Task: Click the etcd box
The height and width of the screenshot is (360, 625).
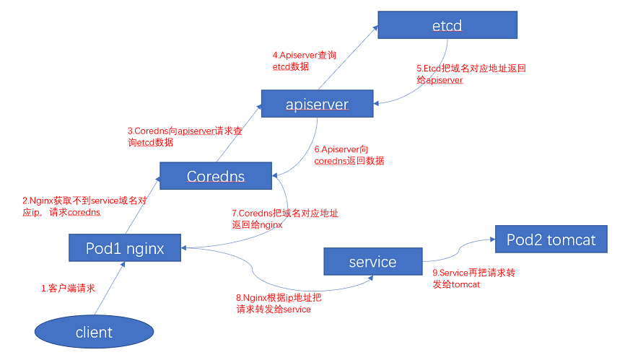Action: tap(447, 26)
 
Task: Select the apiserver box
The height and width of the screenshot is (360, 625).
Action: tap(317, 104)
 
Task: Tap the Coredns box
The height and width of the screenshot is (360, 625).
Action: tap(215, 176)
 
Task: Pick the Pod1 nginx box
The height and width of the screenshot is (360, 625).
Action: tap(126, 248)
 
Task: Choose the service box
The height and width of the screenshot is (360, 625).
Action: tap(372, 261)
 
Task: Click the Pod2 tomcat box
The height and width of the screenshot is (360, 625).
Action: tap(551, 239)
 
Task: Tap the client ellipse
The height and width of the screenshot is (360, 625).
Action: tap(94, 332)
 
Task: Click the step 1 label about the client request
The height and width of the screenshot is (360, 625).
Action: tap(68, 288)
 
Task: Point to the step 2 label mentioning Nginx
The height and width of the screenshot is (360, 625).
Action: tap(84, 207)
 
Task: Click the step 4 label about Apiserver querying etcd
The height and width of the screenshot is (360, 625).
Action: tap(304, 61)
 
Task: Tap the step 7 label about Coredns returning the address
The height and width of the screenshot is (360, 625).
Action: tap(284, 219)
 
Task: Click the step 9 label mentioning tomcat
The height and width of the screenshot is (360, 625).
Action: tap(473, 279)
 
